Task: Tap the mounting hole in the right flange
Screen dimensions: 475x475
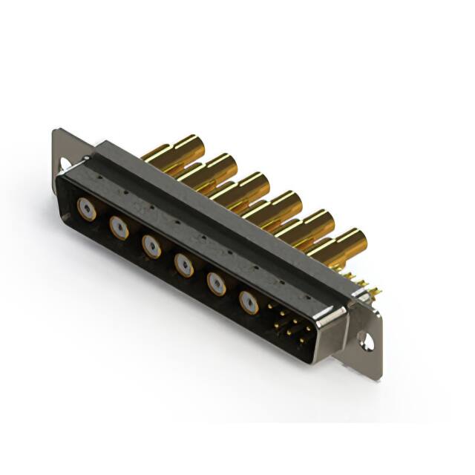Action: point(365,341)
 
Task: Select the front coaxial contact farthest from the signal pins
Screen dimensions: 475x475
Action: point(87,209)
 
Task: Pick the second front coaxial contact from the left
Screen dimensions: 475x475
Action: point(119,227)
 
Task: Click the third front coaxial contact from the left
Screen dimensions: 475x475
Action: point(151,245)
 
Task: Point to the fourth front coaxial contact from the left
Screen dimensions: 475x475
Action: point(183,263)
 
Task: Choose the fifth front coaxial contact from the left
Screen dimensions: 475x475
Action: point(216,281)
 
